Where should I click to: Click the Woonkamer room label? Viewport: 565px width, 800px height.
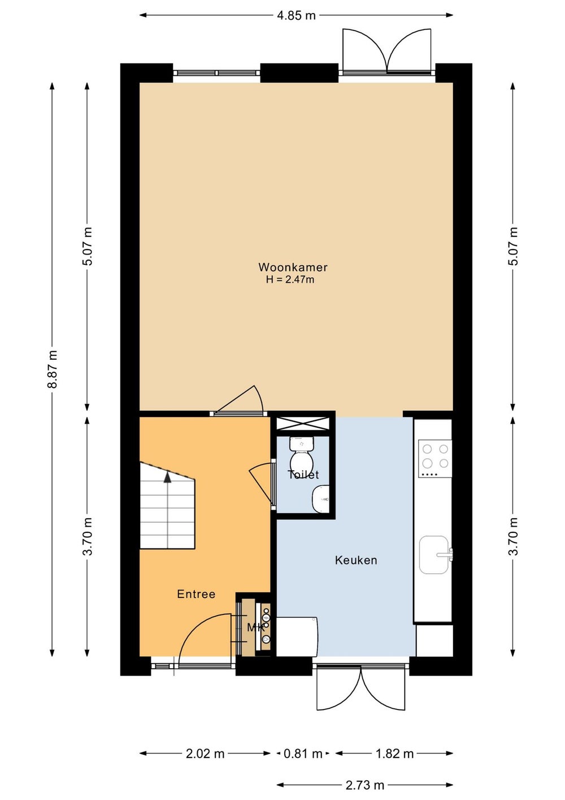click(x=293, y=267)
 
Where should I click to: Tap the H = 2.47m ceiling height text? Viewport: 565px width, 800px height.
click(x=290, y=279)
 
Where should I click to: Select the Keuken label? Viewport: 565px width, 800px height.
click(x=356, y=560)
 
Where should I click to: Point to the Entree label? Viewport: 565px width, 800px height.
click(x=196, y=594)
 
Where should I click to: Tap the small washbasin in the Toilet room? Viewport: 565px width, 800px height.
click(x=321, y=498)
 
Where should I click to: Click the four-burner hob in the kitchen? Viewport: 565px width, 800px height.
click(x=435, y=459)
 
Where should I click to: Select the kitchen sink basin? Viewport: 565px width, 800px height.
click(x=434, y=554)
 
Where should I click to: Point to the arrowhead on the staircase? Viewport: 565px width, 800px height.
click(x=167, y=478)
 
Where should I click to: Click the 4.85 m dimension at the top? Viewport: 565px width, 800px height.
click(x=296, y=15)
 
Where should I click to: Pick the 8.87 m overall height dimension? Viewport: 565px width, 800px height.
click(x=53, y=369)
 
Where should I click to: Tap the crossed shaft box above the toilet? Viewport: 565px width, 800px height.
click(x=302, y=424)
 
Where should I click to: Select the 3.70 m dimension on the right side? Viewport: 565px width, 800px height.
click(x=513, y=536)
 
